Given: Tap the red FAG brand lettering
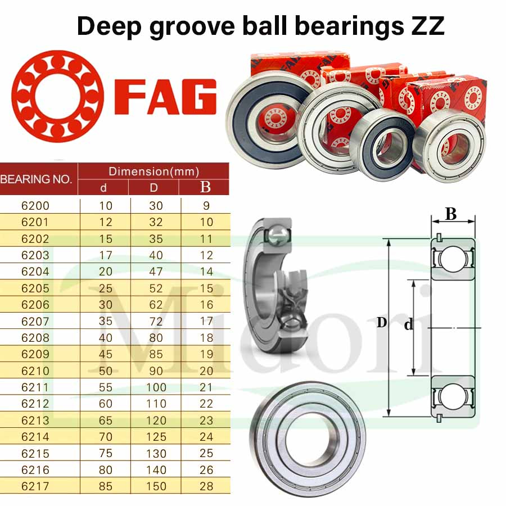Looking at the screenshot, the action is click(165, 97).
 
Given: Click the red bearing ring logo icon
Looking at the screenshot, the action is click(57, 96).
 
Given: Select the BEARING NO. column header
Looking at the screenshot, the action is click(36, 179).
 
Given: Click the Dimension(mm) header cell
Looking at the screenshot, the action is click(153, 171).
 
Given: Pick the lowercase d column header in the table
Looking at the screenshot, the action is click(103, 187).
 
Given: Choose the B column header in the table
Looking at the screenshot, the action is click(205, 187).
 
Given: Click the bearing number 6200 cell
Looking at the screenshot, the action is click(35, 206).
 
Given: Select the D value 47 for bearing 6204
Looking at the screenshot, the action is click(156, 272).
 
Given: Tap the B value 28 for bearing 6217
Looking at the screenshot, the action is click(206, 486).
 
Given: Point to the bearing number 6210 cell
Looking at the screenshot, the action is click(35, 371).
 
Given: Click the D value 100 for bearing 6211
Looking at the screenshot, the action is click(156, 387).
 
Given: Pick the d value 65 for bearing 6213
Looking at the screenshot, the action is click(106, 421).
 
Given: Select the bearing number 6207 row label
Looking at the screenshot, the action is click(35, 321).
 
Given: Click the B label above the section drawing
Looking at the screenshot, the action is click(451, 214).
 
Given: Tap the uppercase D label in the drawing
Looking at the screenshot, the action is click(382, 322).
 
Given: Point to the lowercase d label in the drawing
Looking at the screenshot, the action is click(409, 324).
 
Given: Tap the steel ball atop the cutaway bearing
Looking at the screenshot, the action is click(277, 235).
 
